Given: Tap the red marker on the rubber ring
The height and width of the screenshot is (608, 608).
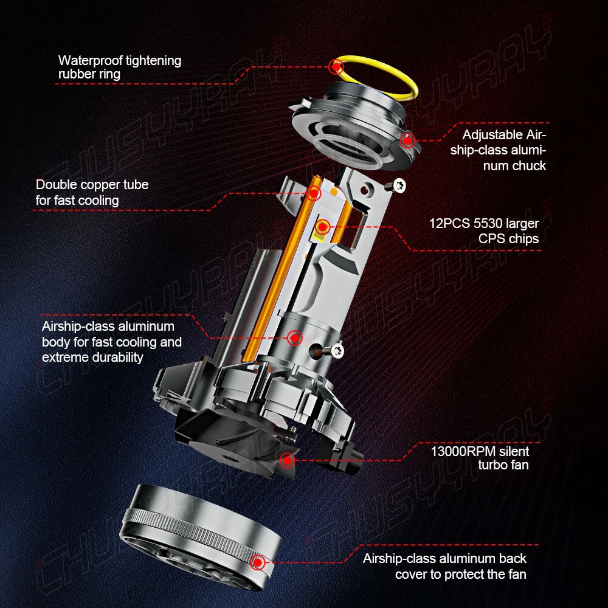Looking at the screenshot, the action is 336,67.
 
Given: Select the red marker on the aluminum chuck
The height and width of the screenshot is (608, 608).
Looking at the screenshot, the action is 407,140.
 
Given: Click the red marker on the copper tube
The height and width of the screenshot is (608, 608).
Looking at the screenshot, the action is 313,193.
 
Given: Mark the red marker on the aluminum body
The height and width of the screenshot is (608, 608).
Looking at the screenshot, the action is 295,337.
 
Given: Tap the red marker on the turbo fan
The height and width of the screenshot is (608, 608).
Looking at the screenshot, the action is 288,460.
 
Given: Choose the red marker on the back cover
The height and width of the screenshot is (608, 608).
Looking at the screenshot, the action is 257,562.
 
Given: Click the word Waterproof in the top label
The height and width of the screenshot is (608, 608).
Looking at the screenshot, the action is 90,61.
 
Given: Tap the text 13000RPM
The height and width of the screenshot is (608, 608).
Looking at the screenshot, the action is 463,451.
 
